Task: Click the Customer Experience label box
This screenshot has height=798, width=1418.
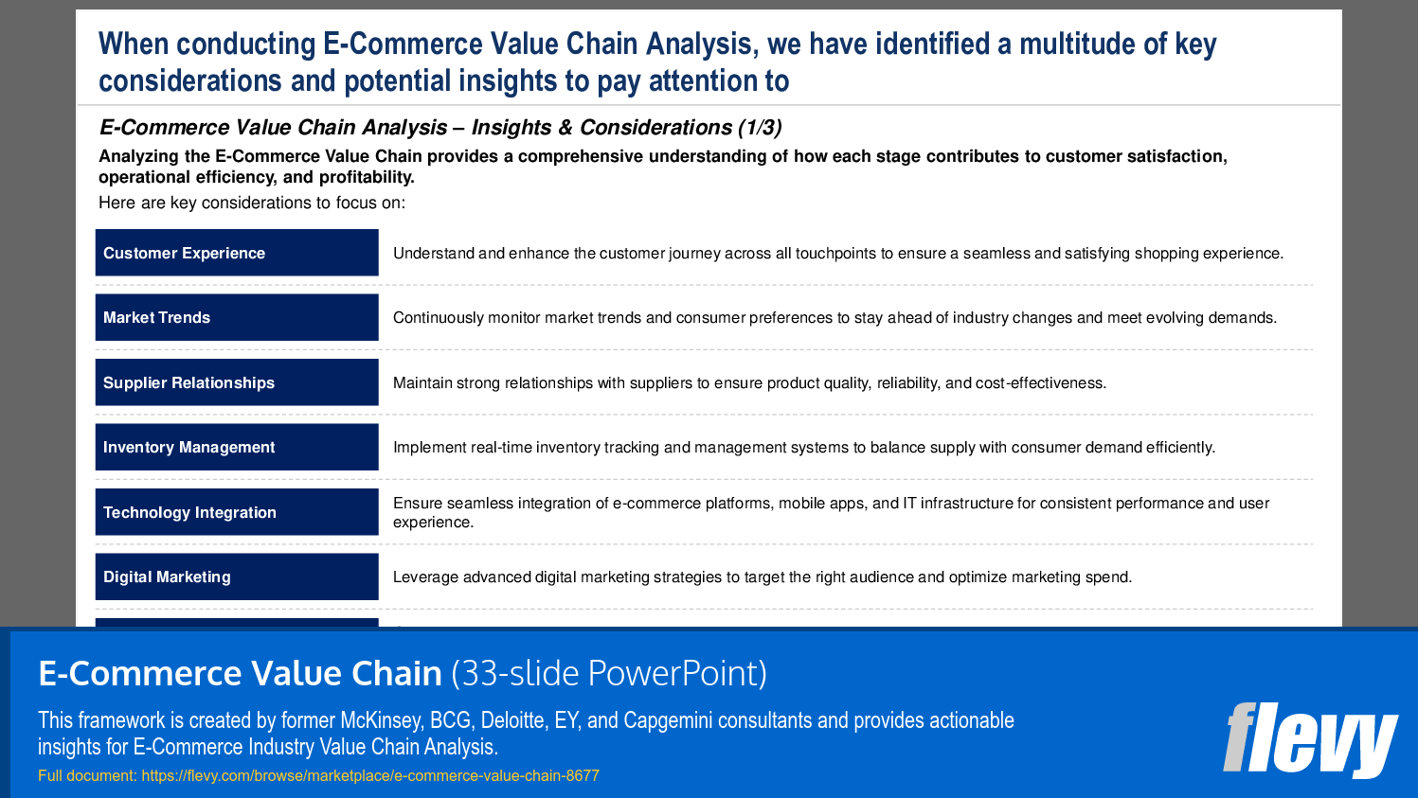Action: pos(236,253)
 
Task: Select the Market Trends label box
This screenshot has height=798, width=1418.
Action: pos(236,317)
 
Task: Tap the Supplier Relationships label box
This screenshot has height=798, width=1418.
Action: pos(236,382)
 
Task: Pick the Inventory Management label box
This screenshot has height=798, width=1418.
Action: pos(236,447)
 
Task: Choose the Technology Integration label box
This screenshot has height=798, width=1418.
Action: pos(236,512)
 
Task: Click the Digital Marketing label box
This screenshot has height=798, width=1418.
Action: pos(236,576)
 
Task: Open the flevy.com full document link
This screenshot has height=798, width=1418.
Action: pos(369,775)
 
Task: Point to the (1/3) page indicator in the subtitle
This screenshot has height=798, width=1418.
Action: pos(760,128)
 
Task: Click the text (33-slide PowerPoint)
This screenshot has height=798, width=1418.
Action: pos(609,673)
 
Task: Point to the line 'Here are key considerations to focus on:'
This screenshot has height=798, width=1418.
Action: pos(252,203)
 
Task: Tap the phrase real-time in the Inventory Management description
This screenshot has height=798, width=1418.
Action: pos(501,448)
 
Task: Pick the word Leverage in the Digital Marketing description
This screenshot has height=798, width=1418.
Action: pos(425,577)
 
